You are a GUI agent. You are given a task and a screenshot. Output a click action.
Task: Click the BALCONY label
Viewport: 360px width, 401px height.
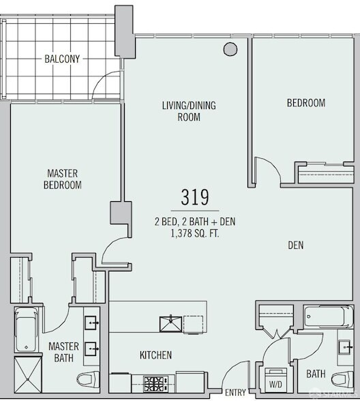click(x=62, y=59)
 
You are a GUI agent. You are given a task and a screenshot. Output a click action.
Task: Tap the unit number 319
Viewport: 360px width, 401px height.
click(x=195, y=197)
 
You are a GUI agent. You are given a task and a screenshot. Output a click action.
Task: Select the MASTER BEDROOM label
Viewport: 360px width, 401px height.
click(x=63, y=179)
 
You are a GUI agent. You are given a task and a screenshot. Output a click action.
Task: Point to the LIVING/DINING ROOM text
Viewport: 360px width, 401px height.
click(x=189, y=111)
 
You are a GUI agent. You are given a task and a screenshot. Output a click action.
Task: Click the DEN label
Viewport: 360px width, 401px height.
click(x=296, y=246)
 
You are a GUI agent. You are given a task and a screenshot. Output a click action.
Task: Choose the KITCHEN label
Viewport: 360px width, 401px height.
click(x=155, y=355)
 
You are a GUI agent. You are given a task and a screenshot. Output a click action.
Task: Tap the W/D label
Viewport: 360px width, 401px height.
click(x=275, y=385)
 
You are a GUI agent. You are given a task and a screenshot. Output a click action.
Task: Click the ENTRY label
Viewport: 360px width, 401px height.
click(x=235, y=392)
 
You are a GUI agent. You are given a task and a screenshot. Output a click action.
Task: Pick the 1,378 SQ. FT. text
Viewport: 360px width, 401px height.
click(x=195, y=234)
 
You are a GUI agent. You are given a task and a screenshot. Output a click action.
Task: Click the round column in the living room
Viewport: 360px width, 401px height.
click(x=230, y=49)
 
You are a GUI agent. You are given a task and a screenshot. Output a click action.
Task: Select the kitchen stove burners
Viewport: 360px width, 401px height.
click(x=153, y=384)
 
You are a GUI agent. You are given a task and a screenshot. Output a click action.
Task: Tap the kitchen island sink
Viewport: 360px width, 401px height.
click(x=170, y=325)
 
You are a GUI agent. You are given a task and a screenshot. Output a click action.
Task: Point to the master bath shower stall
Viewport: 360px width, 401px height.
click(x=27, y=374)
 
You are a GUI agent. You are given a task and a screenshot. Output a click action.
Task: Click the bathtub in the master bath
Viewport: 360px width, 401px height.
click(x=27, y=330)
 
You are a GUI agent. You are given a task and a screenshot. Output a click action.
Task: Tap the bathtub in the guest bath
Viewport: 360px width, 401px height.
click(x=329, y=316)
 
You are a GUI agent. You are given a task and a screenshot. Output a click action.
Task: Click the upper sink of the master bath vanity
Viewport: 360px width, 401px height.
click(x=91, y=323)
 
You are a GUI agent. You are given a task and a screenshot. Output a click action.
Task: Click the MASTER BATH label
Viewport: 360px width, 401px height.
click(x=63, y=352)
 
